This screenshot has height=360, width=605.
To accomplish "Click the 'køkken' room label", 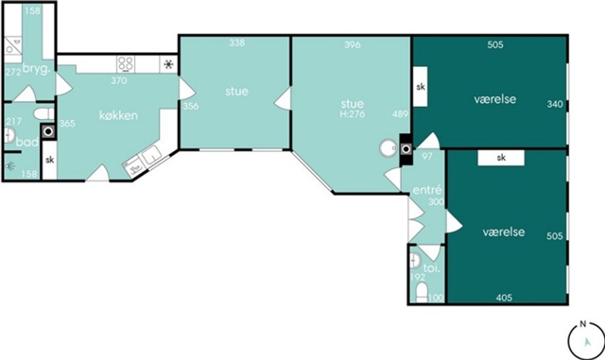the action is click(118, 115).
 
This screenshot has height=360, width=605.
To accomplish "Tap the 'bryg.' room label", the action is click(37, 69).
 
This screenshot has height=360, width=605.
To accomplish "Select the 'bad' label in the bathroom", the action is click(27, 142).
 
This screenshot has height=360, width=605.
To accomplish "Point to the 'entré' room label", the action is click(427, 190).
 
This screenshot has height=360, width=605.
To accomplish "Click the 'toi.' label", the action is click(432, 268).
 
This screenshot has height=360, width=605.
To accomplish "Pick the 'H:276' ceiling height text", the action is click(353, 114).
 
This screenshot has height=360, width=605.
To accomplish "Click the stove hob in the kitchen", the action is click(126, 64).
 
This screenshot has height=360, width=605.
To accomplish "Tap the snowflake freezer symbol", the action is click(168, 64).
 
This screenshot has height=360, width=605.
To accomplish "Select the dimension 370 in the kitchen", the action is click(119, 80).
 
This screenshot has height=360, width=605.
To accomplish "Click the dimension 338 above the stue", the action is click(237, 43).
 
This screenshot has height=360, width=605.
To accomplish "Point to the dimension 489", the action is click(400, 114).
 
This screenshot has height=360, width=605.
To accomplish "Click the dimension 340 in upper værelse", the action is click(555, 104).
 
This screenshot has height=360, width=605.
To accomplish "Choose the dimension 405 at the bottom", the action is click(504, 298).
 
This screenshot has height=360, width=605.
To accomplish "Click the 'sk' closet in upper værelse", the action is click(421, 87).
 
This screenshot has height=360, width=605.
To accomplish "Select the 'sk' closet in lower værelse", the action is click(501, 158).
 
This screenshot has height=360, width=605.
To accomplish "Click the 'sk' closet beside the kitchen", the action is click(50, 160).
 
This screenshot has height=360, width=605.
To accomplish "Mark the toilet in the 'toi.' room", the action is click(423, 293).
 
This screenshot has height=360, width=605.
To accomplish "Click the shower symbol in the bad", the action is click(10, 166).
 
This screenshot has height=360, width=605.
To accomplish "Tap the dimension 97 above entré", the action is click(427, 156).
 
